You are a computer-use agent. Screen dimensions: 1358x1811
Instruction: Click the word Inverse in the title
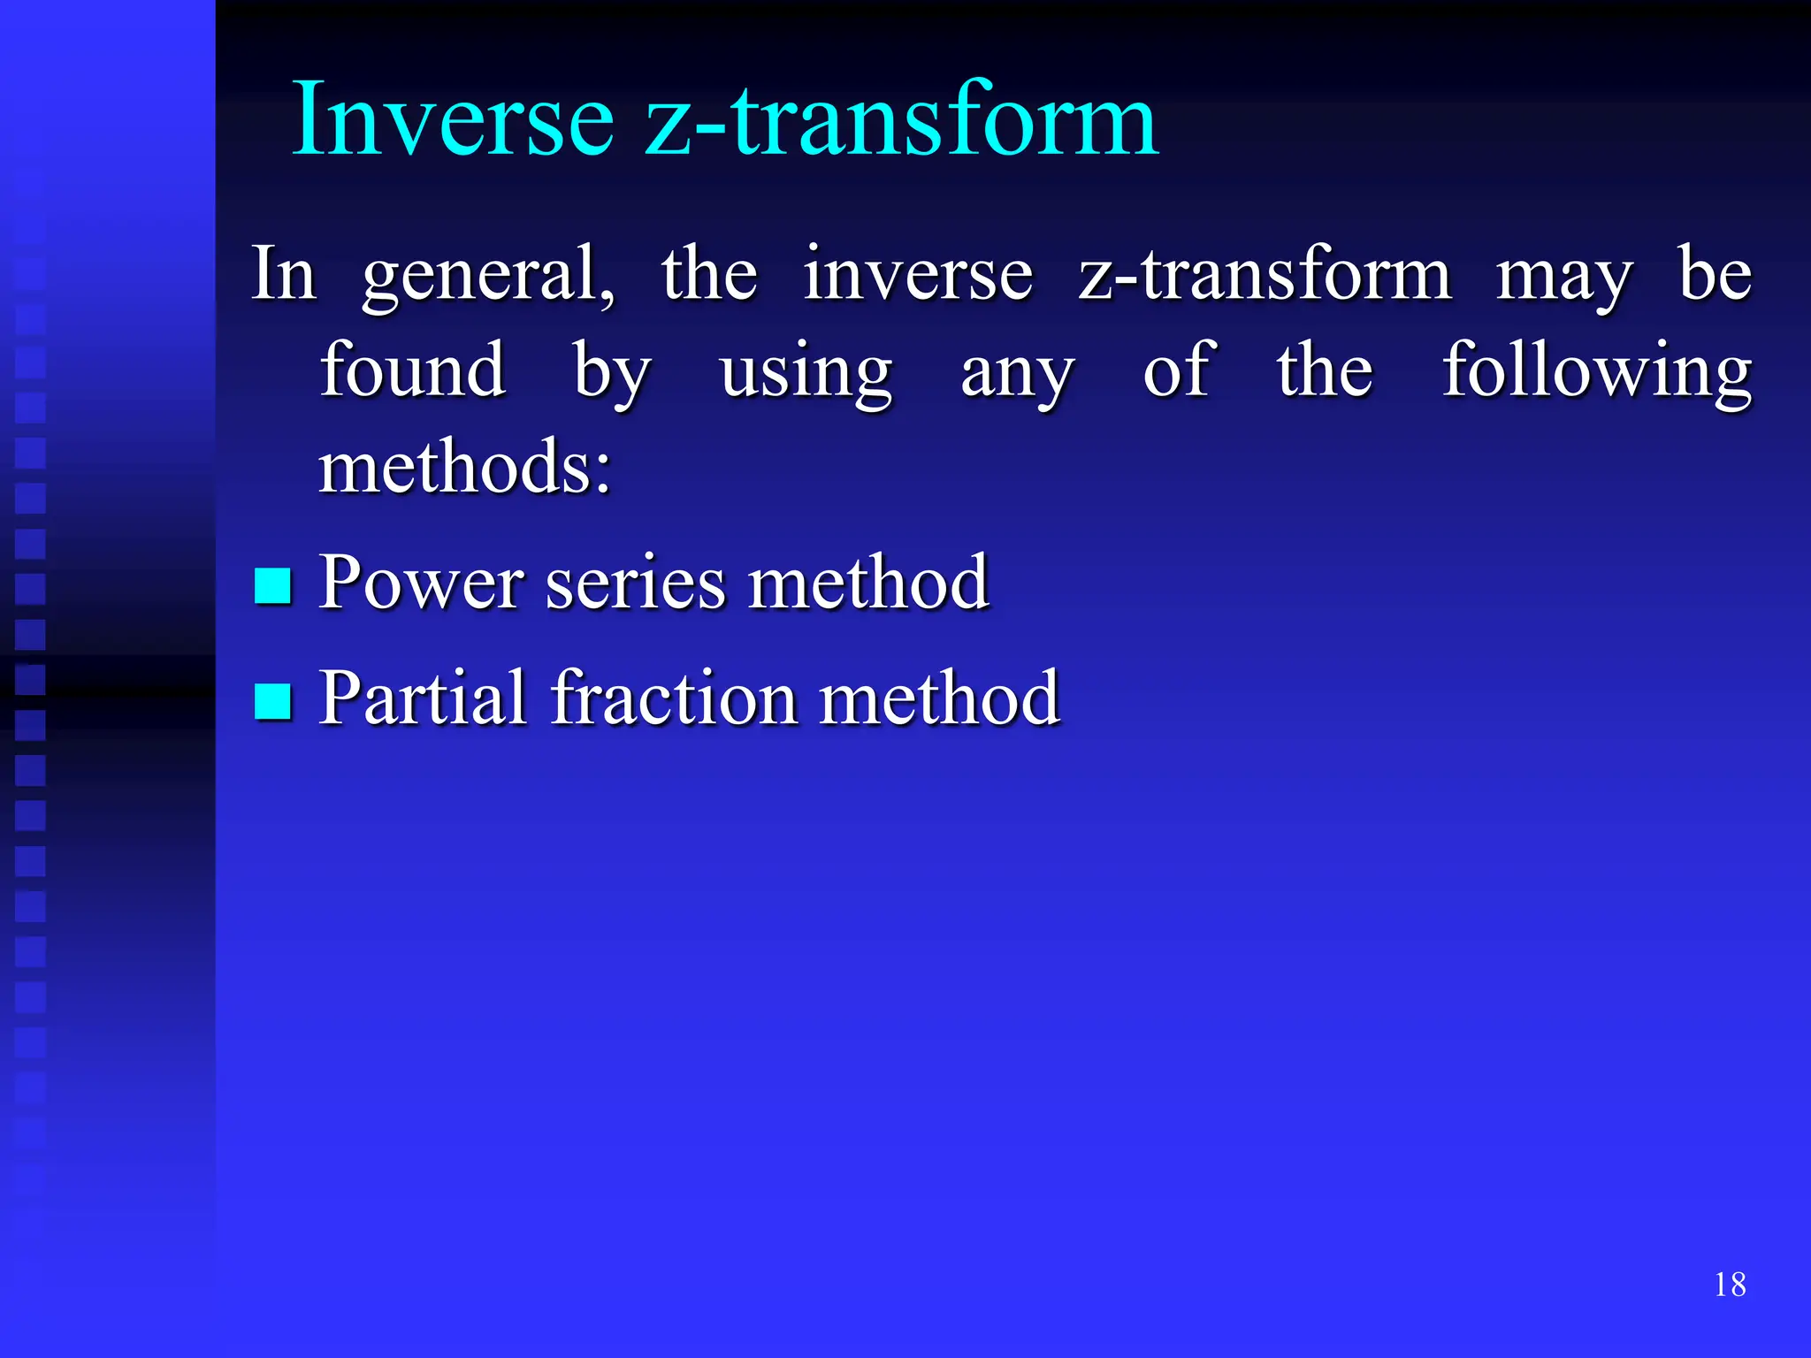tap(453, 119)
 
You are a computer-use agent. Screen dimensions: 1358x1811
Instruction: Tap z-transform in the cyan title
tap(900, 119)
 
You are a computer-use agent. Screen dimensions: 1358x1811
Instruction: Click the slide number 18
tap(1730, 1285)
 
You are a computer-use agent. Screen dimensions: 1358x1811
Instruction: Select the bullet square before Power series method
tap(272, 585)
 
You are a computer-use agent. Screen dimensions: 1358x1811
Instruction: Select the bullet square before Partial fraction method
tap(272, 701)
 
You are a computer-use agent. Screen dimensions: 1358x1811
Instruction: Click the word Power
tap(421, 584)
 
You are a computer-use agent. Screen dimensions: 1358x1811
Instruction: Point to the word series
tap(635, 584)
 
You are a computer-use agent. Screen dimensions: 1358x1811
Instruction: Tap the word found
tap(412, 371)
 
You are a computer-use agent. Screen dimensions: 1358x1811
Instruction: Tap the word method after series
tap(867, 584)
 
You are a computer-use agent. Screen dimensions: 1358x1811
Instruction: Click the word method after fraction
tap(939, 698)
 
